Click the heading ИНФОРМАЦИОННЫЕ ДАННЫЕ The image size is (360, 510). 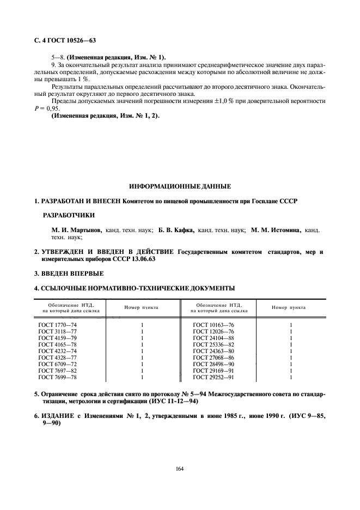(x=180, y=186)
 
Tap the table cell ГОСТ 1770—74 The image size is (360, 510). (x=53, y=325)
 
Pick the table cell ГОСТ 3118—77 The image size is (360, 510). (x=53, y=332)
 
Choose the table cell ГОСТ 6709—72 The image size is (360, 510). (x=53, y=365)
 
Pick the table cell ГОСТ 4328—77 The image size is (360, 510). (x=53, y=358)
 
